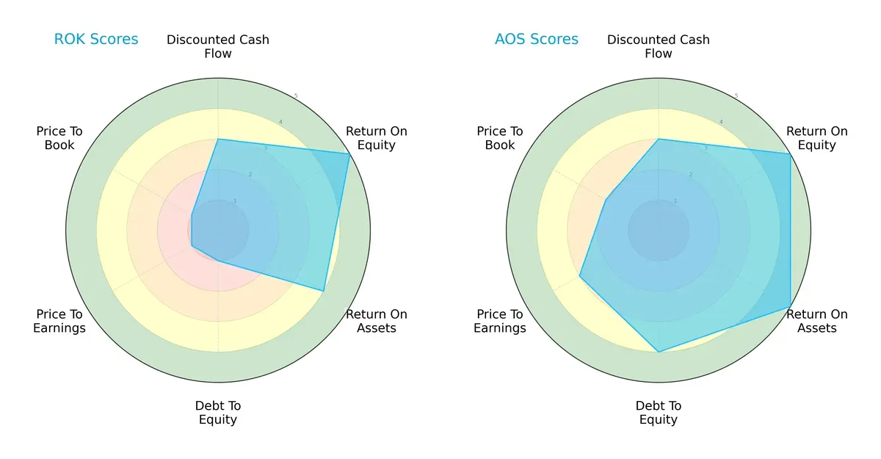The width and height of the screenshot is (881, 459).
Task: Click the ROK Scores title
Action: click(96, 39)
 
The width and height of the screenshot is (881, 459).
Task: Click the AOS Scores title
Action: click(537, 39)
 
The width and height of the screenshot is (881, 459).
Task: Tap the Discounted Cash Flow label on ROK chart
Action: click(218, 46)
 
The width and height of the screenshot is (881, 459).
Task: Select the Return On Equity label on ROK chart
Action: click(377, 138)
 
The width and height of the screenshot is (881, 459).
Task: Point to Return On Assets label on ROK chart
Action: click(377, 321)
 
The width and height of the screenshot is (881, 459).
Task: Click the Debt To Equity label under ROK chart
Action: click(218, 413)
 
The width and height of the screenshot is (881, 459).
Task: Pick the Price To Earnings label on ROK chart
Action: click(59, 321)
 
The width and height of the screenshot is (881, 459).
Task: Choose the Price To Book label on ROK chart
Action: click(59, 138)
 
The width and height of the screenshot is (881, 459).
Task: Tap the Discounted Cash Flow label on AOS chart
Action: click(659, 46)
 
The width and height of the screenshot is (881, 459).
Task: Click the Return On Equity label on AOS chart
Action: click(817, 138)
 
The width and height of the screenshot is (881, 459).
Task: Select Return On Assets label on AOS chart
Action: click(817, 321)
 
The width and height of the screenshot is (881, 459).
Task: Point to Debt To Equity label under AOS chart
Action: click(659, 413)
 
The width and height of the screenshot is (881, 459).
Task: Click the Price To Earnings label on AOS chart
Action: click(500, 321)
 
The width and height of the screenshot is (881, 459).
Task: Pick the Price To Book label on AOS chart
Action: click(500, 138)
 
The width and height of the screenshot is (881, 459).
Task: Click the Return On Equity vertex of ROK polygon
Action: click(349, 153)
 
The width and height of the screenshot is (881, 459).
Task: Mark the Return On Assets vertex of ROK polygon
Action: click(324, 291)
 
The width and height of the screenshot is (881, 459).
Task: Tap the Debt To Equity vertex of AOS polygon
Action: click(659, 352)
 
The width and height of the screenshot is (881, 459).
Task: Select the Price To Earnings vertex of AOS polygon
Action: click(580, 276)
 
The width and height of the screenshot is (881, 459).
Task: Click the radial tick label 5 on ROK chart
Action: click(296, 96)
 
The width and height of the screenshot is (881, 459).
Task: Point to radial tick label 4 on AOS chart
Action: click(721, 122)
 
